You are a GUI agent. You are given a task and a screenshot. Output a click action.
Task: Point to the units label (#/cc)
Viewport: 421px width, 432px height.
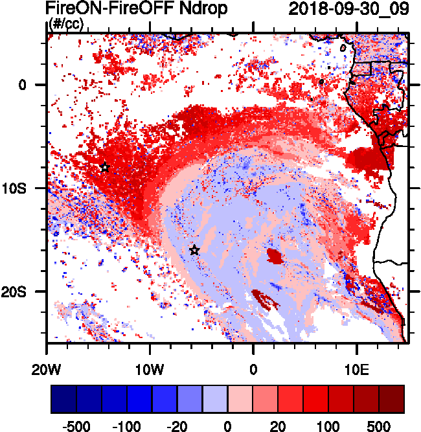pos(66,25)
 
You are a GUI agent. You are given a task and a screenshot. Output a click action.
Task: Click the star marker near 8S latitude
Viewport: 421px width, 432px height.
pos(104,167)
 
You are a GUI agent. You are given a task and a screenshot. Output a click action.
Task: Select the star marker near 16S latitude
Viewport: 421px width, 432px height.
pos(194,250)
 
